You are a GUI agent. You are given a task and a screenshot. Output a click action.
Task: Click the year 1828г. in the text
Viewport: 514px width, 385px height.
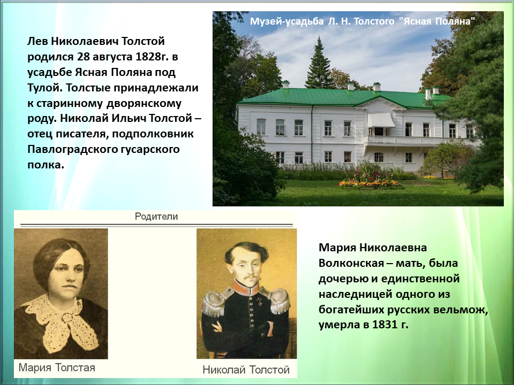coord(151,57)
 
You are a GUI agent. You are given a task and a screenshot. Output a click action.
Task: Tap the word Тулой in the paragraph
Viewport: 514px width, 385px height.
coord(44,88)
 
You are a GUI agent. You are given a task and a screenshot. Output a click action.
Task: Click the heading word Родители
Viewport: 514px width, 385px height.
coord(156,217)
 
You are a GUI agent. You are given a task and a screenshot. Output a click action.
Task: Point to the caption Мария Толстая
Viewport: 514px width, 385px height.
coord(57,368)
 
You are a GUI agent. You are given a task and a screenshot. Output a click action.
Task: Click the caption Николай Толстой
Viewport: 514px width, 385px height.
coord(246,370)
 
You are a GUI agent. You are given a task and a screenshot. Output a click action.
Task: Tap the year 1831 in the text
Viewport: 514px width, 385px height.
coord(384,325)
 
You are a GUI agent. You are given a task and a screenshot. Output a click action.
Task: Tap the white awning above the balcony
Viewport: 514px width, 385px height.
coord(381,120)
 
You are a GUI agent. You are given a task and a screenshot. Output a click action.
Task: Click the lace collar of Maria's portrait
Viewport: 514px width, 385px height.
coord(61,321)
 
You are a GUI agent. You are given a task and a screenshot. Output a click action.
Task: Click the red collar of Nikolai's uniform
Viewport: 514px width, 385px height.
coord(246,288)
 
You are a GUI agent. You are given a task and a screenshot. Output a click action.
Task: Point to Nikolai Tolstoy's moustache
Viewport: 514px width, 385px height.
coord(251,277)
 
